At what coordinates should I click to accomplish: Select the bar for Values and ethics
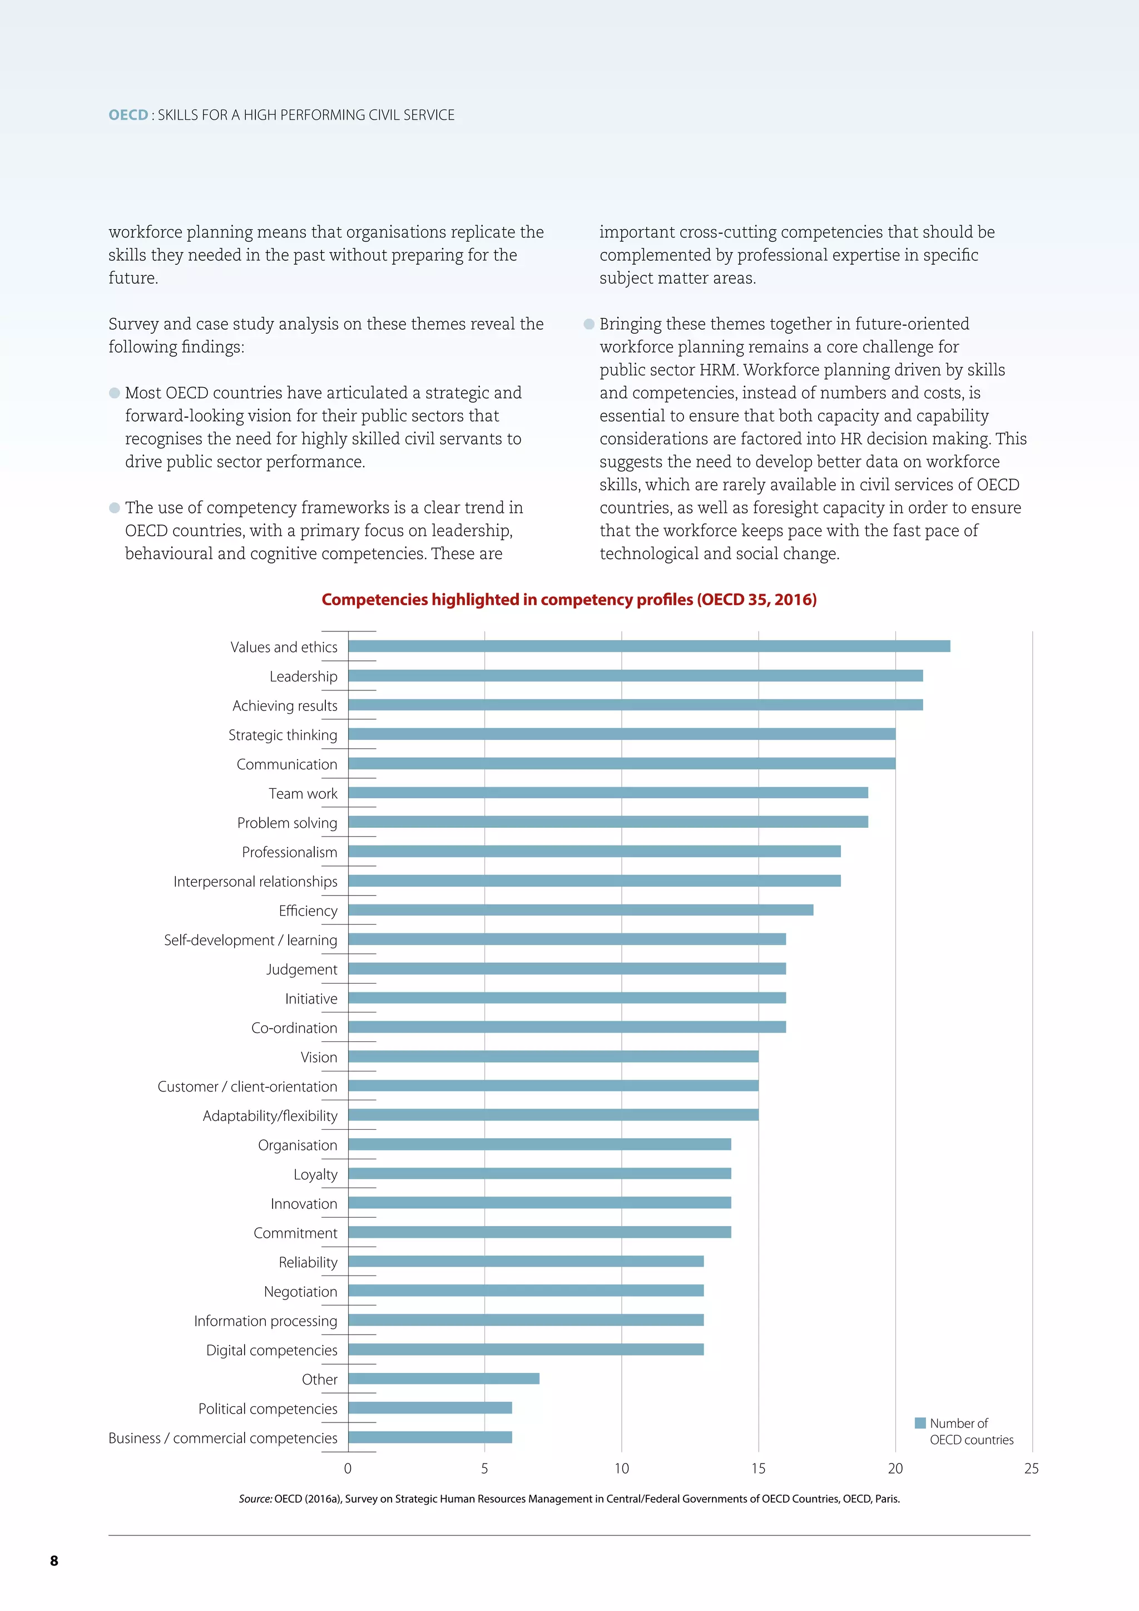pos(649,646)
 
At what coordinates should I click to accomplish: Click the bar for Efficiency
pos(581,910)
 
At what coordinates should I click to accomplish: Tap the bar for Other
pos(443,1379)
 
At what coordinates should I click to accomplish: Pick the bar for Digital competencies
pos(526,1350)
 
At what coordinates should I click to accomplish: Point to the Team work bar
pos(608,793)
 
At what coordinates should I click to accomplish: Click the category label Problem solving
pos(287,823)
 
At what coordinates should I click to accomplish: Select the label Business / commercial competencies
pos(223,1439)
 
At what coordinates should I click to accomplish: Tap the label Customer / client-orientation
pos(247,1087)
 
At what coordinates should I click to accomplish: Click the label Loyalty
pos(315,1174)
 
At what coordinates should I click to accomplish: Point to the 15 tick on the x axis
pos(758,1469)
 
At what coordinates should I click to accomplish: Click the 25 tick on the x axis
pos(1031,1469)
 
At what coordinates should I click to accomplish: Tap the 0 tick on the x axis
pos(348,1469)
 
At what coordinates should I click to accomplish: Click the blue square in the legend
pos(920,1423)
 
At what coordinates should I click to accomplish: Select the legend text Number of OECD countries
pos(970,1431)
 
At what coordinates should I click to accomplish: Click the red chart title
pos(569,600)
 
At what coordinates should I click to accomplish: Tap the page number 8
pos(54,1561)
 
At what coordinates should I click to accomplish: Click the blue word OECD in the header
pos(128,115)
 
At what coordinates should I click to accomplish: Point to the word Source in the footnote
pos(255,1499)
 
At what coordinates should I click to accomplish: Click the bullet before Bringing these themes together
pos(589,324)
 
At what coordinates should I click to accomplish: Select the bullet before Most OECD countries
pos(115,393)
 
